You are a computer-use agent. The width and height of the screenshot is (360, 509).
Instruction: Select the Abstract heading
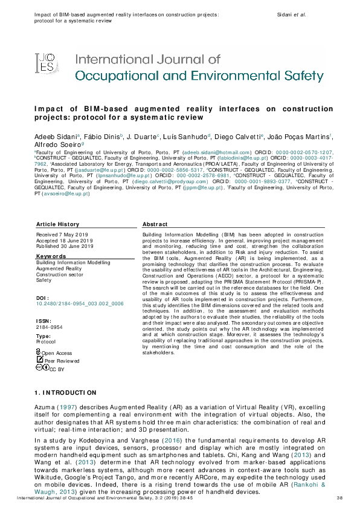(155, 224)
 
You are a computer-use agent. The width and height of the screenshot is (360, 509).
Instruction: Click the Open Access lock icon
(39, 352)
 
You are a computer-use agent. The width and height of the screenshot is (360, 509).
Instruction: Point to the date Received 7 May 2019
(63, 234)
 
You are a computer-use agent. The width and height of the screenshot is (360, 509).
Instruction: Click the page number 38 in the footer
(339, 497)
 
